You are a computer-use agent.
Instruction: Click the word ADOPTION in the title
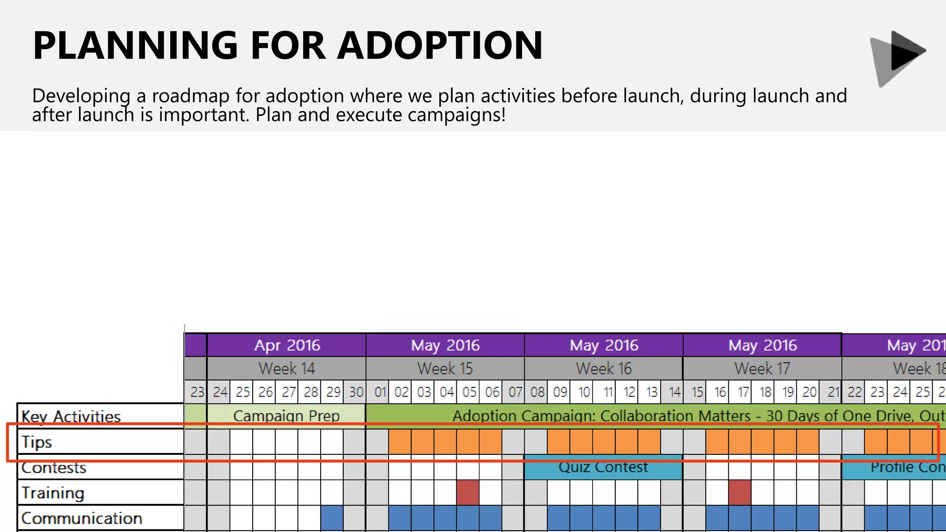point(440,45)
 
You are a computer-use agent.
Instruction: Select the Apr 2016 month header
point(286,345)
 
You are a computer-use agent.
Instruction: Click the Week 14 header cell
point(286,369)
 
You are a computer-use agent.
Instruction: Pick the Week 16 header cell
point(603,369)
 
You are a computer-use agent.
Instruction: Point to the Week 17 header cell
point(762,369)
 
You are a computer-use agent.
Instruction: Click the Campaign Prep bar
point(286,416)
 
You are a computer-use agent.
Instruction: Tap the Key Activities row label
point(71,416)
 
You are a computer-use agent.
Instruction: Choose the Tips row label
point(37,442)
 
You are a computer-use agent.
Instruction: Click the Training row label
point(53,493)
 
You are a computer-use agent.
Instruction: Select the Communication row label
point(82,518)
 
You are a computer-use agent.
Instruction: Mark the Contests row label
point(54,468)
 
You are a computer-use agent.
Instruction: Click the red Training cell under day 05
point(468,492)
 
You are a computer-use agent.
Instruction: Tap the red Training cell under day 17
point(740,492)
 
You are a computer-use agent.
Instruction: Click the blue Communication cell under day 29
point(332,518)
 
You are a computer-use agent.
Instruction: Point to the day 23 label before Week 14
point(197,392)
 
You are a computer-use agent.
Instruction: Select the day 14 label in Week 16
point(674,392)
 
